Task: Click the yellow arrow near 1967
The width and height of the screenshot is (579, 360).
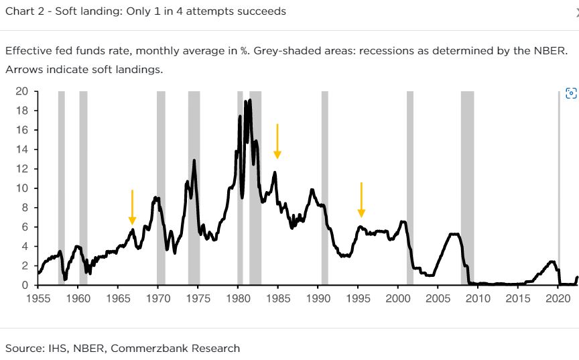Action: pos(132,207)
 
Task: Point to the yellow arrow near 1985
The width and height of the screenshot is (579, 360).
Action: pos(277,141)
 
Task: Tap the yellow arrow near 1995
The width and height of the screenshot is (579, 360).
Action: pos(361,199)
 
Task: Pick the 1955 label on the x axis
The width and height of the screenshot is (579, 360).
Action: pos(38,298)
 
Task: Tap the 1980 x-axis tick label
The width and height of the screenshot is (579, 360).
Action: pos(238,298)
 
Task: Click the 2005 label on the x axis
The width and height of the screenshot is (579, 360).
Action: pos(438,298)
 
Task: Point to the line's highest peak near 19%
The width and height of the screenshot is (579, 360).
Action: pos(250,101)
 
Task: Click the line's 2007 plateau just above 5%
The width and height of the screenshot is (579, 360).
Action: pos(454,234)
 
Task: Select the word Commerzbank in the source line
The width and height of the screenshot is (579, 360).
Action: pos(141,348)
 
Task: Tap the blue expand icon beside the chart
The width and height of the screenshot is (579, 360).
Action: pos(571,94)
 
